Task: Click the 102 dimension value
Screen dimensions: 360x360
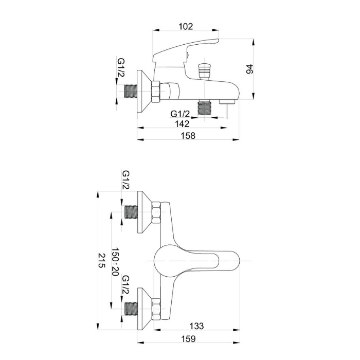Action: (x=186, y=26)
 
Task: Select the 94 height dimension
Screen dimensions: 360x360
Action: (x=249, y=69)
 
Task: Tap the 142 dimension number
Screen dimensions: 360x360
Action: (x=182, y=124)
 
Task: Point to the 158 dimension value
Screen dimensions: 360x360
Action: (x=188, y=135)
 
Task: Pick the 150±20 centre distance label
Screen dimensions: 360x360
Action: (x=115, y=262)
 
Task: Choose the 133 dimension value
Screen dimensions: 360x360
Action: (x=196, y=326)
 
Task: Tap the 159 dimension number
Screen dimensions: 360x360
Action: (x=188, y=338)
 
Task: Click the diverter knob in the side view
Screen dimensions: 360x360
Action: (x=204, y=70)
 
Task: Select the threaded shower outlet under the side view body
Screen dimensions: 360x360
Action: (x=204, y=107)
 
